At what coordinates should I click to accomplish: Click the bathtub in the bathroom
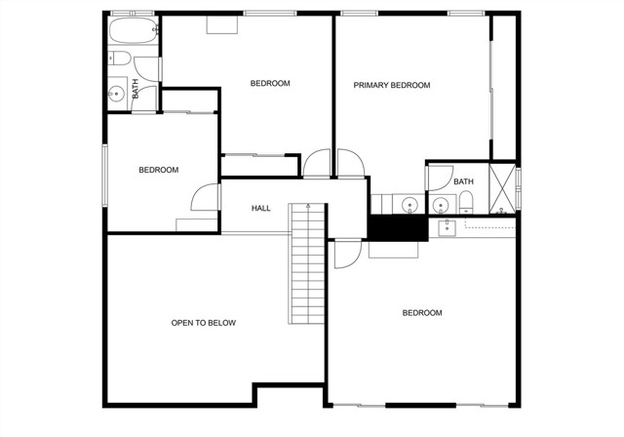(134, 30)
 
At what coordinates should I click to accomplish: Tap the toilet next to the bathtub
(119, 59)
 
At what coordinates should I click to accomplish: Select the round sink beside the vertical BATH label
(116, 95)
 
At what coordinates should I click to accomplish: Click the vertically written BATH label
(135, 89)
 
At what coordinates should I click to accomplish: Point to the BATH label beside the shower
(464, 181)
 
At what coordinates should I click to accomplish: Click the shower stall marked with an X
(502, 188)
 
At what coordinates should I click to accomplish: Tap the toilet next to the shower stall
(466, 203)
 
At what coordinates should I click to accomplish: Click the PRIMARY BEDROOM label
(392, 85)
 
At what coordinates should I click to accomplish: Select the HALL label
(261, 208)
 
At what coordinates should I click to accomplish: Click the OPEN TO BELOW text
(204, 323)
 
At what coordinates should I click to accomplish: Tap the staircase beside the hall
(307, 263)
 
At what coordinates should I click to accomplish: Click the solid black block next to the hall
(397, 227)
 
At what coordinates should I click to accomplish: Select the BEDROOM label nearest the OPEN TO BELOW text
(159, 170)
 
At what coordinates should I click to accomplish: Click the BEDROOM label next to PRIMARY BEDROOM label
(270, 83)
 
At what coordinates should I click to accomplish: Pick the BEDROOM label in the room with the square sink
(422, 313)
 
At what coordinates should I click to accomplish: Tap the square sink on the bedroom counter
(447, 228)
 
